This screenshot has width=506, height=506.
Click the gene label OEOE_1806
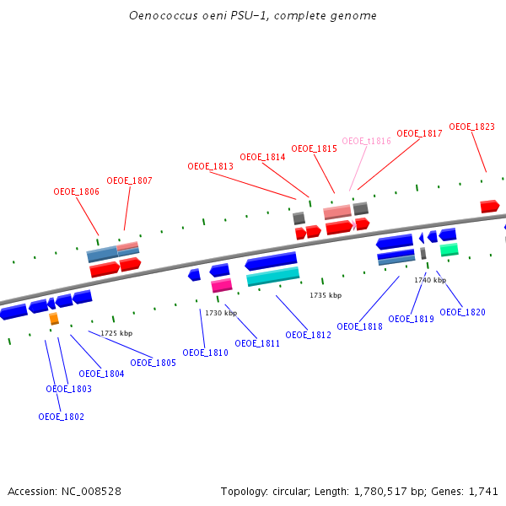point(76,191)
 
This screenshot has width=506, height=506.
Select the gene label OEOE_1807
point(129,180)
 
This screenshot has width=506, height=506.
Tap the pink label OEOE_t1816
point(366,141)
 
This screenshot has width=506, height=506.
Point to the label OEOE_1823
point(471,126)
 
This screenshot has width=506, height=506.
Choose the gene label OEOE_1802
point(61,417)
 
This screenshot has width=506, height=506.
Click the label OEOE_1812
point(308,335)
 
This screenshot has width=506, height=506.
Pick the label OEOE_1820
point(462,312)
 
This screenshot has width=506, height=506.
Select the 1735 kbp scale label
point(326,295)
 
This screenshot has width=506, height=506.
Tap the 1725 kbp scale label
point(116,333)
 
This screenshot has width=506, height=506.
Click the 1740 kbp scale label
point(430,280)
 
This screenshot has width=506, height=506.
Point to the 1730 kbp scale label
point(221,313)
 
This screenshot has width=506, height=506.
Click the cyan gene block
point(272,276)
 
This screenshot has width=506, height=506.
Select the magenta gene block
point(221,285)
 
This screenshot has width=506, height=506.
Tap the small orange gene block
point(54,319)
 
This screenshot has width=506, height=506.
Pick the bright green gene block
point(449,250)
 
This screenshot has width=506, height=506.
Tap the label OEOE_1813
point(210,166)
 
